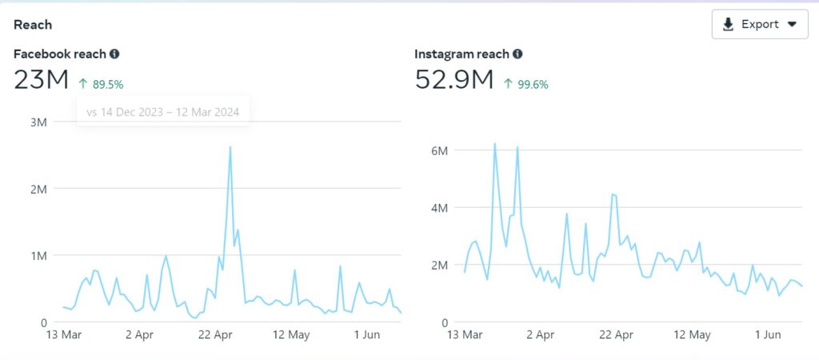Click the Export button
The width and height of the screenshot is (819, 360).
760,24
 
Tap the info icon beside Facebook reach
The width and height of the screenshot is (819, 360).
114,54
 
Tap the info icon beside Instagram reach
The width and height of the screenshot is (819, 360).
517,54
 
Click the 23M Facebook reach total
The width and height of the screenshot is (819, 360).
42,80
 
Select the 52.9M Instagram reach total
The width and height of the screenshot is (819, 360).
453,80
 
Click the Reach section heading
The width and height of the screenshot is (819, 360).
33,25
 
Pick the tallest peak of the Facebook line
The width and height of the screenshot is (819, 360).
230,147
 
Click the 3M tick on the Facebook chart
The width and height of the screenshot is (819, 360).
38,122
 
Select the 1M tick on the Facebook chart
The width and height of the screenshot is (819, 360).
38,255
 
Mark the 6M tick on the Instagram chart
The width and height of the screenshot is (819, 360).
438,150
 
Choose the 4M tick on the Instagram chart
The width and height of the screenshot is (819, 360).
438,207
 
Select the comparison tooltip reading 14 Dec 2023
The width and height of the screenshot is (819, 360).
163,112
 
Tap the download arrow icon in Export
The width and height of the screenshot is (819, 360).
728,24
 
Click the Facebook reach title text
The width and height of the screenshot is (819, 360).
59,54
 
